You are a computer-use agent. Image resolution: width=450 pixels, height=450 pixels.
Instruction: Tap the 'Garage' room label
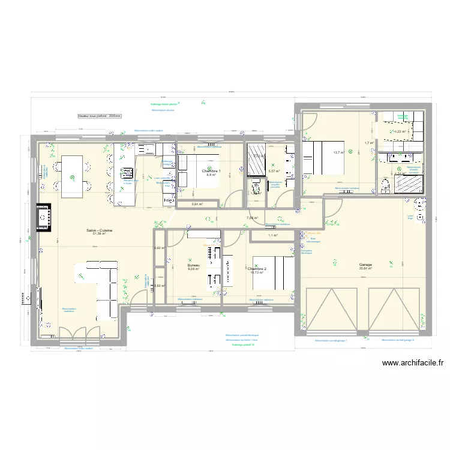365,265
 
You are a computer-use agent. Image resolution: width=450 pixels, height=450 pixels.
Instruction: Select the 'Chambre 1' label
211,171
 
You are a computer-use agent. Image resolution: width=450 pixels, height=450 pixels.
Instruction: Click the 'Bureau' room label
193,265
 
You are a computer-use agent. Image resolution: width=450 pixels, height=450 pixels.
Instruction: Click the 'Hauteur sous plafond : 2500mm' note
100,116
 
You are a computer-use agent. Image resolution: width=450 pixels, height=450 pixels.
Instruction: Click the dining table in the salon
72,176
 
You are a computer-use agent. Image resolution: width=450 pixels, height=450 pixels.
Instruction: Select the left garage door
331,309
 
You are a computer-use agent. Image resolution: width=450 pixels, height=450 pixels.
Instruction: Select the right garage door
394,309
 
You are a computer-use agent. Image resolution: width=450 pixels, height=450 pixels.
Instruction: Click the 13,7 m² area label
338,152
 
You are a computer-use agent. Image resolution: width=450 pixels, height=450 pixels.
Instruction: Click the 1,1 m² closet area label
272,236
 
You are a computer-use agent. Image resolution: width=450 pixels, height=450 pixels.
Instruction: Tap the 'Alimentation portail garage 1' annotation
331,340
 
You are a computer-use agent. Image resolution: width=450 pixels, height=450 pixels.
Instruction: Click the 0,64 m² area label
197,204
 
